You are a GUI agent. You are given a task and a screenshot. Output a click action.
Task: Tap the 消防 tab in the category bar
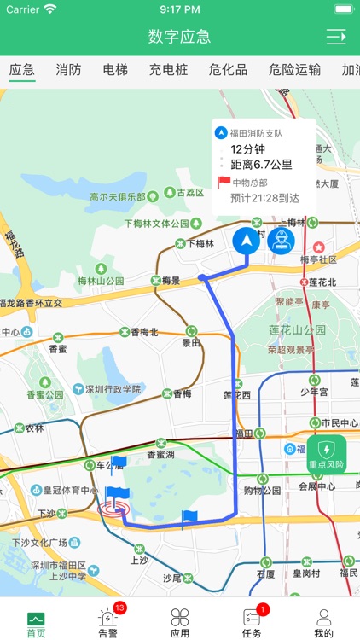[68, 70]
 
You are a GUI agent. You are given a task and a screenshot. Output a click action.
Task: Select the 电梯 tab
[115, 70]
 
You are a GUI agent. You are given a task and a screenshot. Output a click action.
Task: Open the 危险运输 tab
[294, 70]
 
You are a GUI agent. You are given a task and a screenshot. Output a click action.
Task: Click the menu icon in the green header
[336, 37]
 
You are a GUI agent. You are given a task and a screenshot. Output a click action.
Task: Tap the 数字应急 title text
[179, 37]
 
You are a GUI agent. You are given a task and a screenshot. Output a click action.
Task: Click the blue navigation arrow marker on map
[247, 241]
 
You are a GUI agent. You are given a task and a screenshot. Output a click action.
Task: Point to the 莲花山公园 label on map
[297, 329]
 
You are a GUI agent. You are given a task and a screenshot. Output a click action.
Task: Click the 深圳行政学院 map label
[111, 389]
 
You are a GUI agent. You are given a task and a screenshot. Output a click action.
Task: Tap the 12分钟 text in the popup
[249, 149]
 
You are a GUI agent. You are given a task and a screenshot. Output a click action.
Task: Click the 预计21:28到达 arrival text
[264, 198]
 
